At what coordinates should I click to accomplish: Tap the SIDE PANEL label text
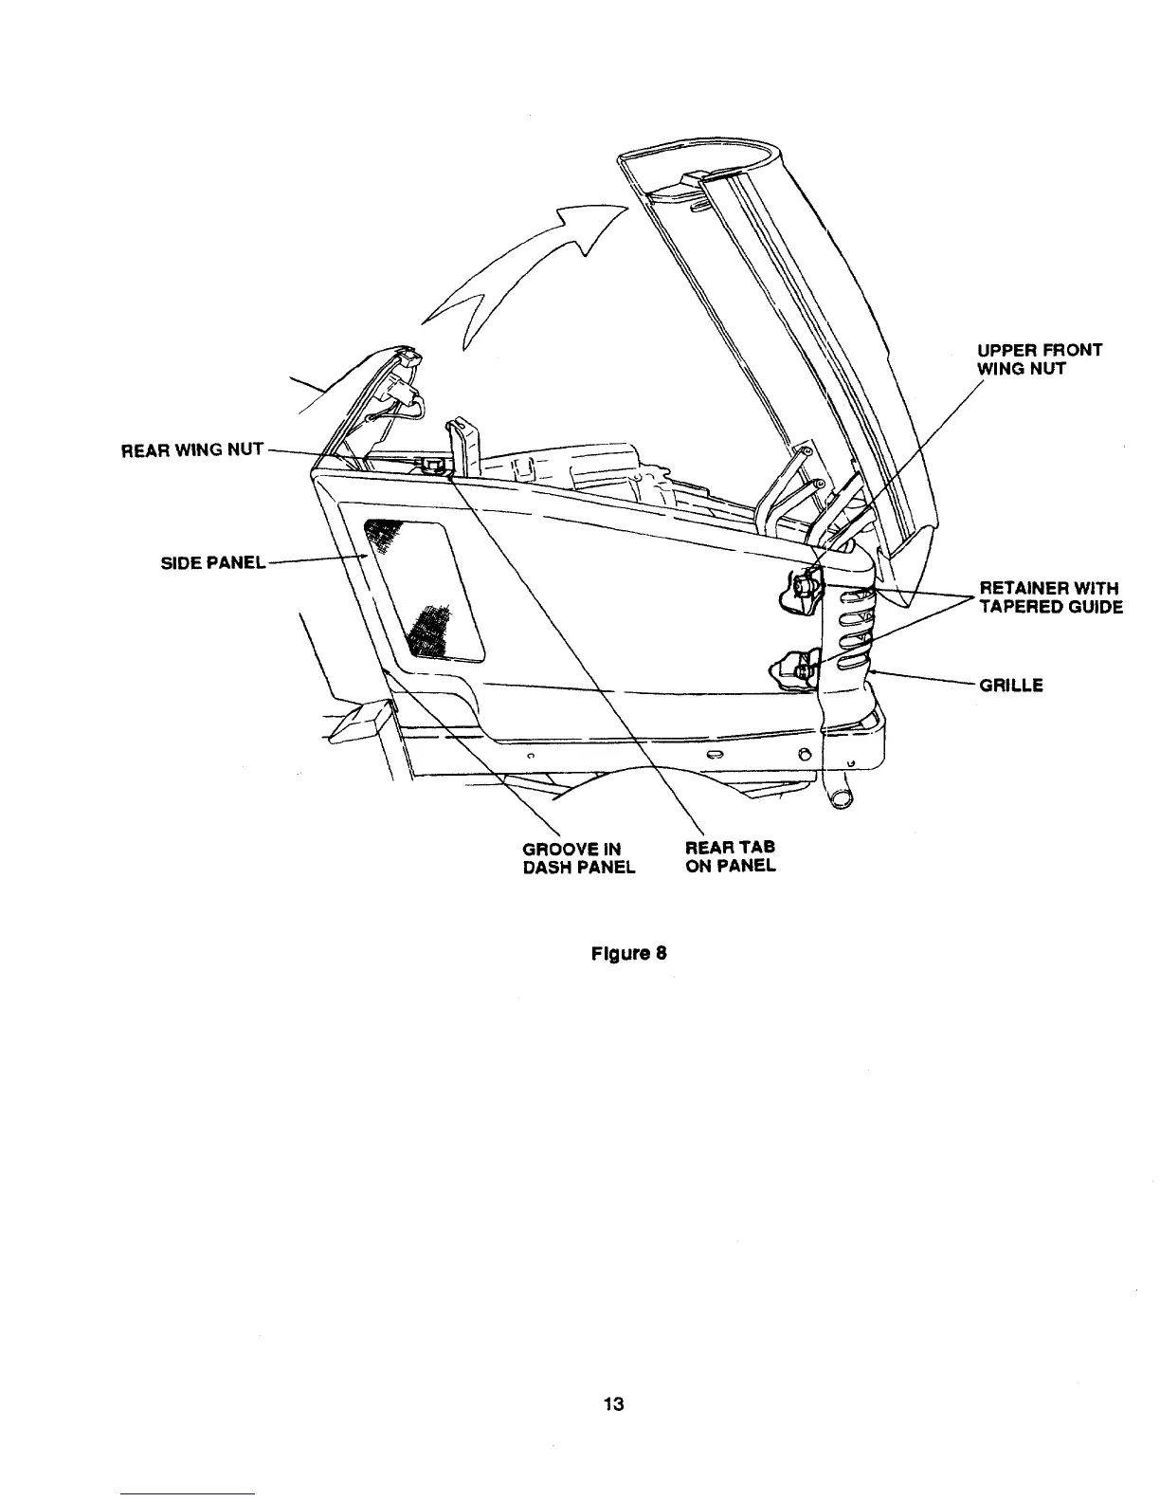pos(213,562)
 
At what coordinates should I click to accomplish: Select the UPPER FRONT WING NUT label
pos(1040,358)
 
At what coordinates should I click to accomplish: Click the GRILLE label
pos(1011,685)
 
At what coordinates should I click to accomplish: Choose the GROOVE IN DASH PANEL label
pos(578,856)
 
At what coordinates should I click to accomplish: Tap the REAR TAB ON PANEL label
pos(730,856)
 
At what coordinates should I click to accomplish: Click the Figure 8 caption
pos(629,953)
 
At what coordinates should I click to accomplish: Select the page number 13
pos(613,1405)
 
